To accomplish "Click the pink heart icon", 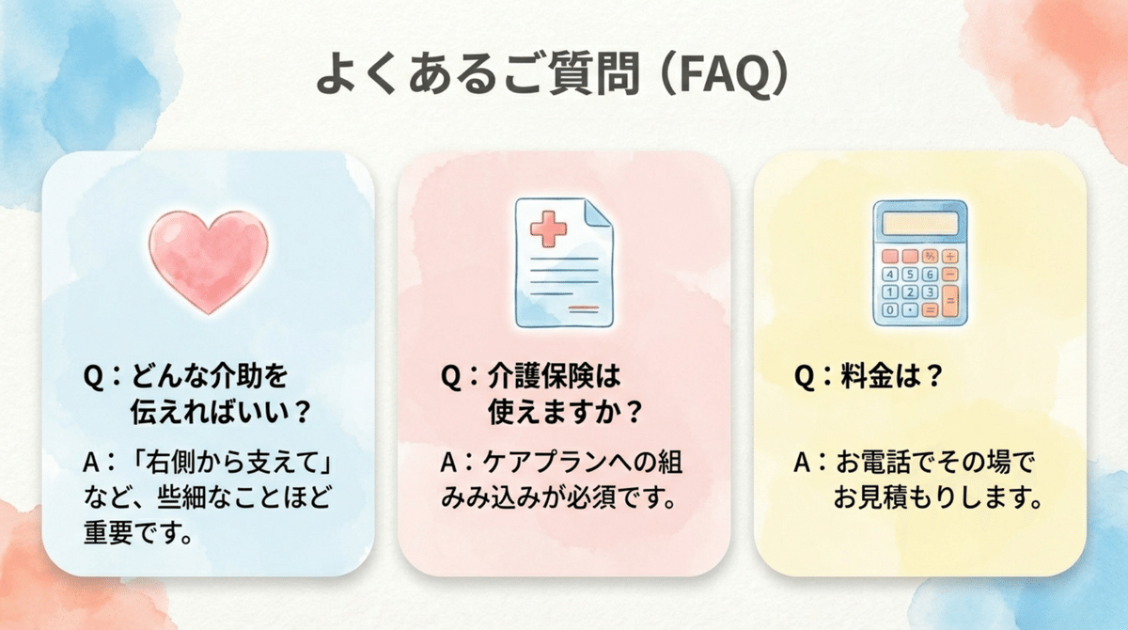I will pos(209,260).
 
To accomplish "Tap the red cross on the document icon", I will pos(546,228).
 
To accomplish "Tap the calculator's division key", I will pos(950,255).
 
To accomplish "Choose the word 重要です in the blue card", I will pos(137,535).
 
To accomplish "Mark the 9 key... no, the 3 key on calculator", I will pos(929,291).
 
